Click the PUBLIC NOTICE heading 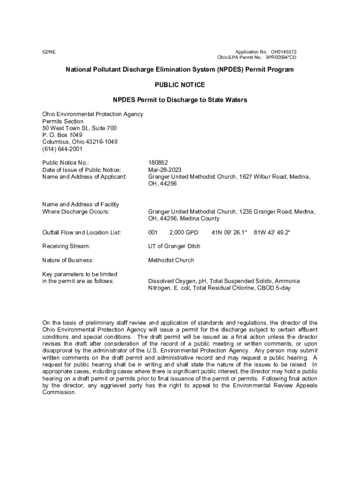tap(180, 85)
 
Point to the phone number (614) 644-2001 tap(62, 149)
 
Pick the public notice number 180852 tap(158, 163)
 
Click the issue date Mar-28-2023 tap(165, 170)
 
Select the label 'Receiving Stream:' tap(66, 246)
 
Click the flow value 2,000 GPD tap(184, 232)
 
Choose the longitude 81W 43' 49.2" tap(272, 232)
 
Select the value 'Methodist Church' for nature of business tap(171, 260)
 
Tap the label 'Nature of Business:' tap(68, 260)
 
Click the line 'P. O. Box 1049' tap(62, 135)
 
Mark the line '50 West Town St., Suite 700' tap(79, 128)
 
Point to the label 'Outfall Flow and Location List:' tap(82, 232)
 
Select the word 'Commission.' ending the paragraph tap(59, 392)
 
